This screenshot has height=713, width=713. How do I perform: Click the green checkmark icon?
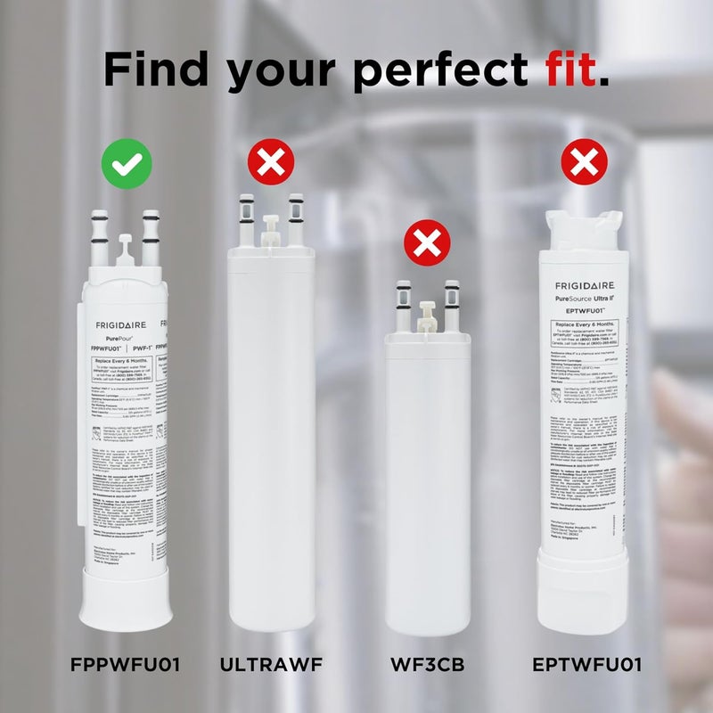pos(126,162)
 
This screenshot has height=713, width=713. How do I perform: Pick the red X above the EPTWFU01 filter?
pos(584,162)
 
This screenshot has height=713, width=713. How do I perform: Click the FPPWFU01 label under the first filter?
pos(126,666)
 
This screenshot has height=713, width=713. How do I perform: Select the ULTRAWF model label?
pos(271,666)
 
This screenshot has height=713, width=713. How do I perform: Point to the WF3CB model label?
pos(427,666)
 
